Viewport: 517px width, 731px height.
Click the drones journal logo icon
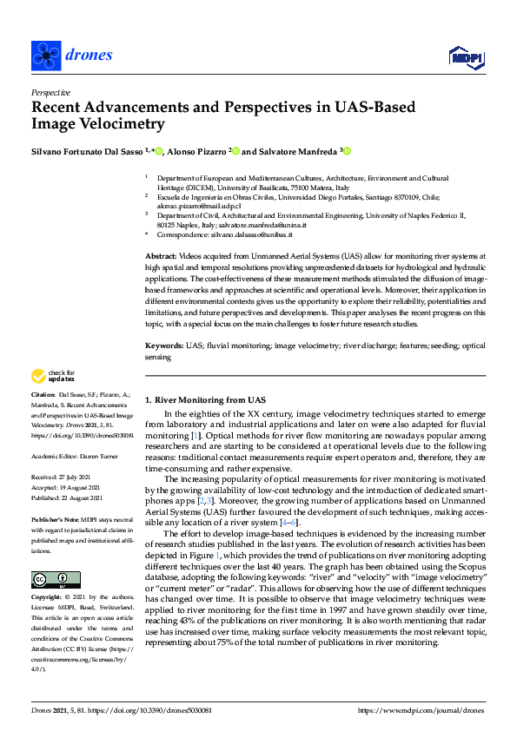pos(45,56)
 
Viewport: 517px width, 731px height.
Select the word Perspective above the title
pos(51,91)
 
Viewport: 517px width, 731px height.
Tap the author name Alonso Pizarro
pos(196,151)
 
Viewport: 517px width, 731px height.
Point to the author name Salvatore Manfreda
pos(289,151)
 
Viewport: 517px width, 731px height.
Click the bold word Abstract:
pos(161,258)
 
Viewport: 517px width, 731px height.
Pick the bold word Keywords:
pos(164,346)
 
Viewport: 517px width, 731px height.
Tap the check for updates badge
pos(51,376)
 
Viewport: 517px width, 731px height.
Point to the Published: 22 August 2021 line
pos(67,497)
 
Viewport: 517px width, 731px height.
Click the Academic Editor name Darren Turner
pos(103,455)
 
